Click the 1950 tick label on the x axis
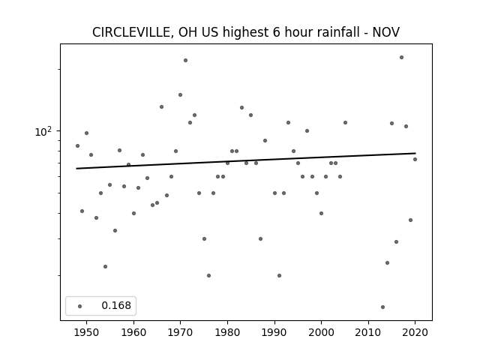[x=87, y=332]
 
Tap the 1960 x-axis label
[x=133, y=332]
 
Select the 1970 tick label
[x=180, y=332]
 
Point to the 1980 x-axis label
[x=227, y=332]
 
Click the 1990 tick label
[x=274, y=332]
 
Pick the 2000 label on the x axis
[x=321, y=332]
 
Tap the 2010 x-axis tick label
[x=368, y=332]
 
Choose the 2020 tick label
[x=415, y=332]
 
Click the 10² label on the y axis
[x=43, y=131]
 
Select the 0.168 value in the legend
[x=116, y=305]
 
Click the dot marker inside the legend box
[x=80, y=306]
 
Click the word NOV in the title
[x=386, y=32]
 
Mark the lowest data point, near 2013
[x=382, y=307]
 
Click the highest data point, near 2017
[x=402, y=58]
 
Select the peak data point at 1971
[x=185, y=61]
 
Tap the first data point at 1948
[x=77, y=146]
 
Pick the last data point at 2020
[x=415, y=160]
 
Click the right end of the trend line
[x=415, y=153]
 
